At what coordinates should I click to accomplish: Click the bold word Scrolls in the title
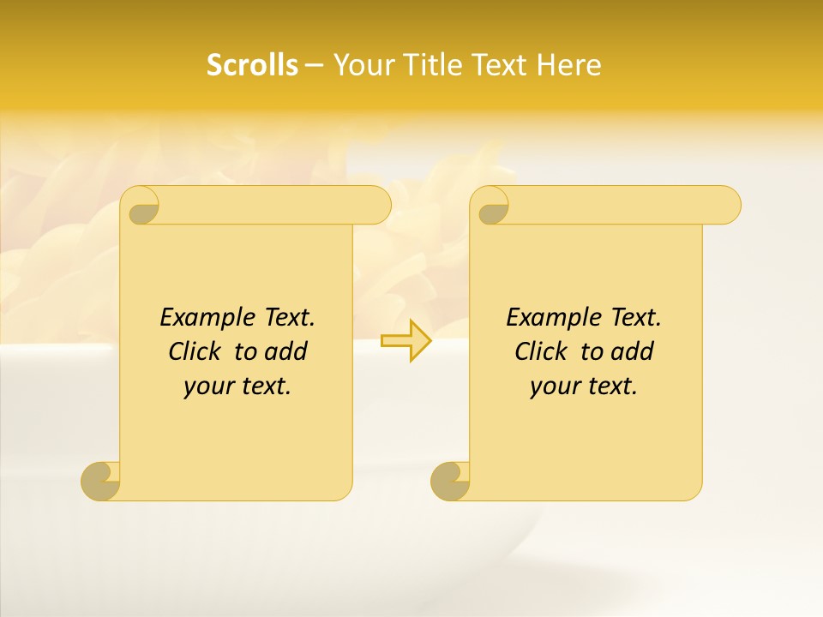point(252,65)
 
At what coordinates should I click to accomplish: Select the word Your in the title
point(361,65)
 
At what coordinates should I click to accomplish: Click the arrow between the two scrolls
point(406,340)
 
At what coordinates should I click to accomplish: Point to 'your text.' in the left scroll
point(237,386)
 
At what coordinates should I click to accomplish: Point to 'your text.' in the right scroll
point(584,386)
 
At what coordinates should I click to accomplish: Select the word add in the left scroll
point(286,351)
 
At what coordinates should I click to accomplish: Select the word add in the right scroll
point(633,351)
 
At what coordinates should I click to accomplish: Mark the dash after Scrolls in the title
point(314,65)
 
